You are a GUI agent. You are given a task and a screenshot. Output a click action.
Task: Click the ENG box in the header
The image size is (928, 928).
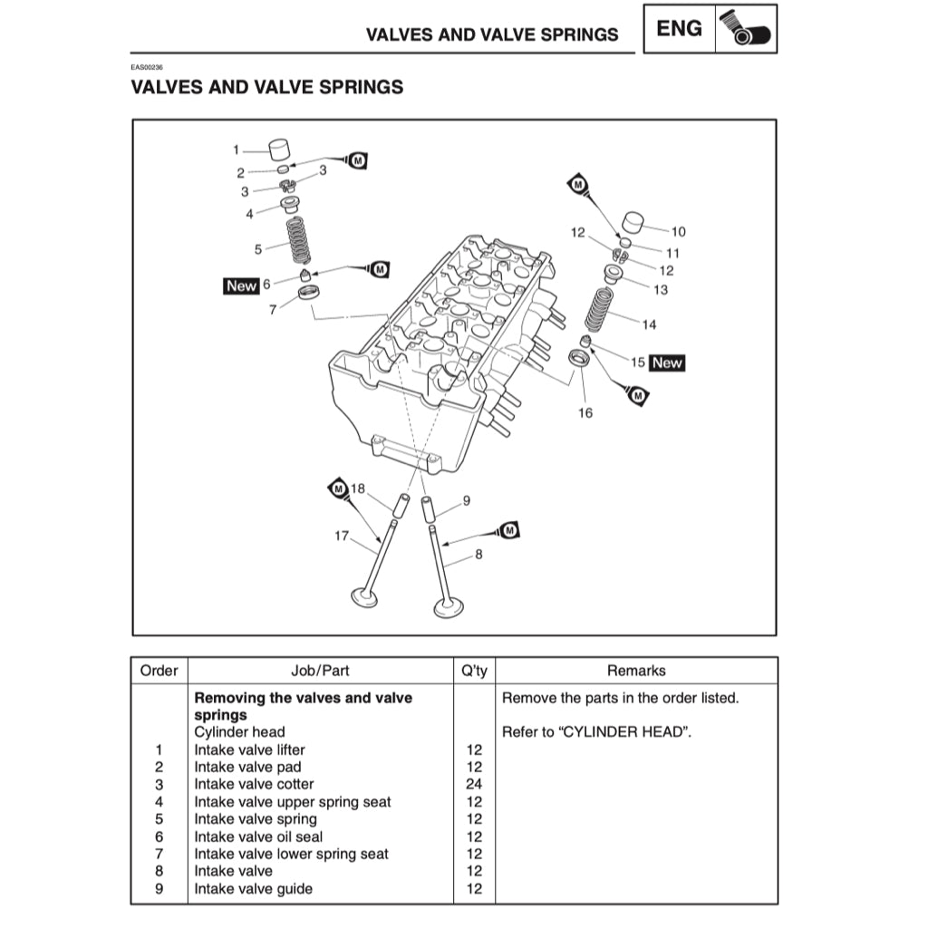[679, 29]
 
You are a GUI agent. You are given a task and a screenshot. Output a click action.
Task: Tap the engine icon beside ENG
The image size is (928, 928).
[746, 29]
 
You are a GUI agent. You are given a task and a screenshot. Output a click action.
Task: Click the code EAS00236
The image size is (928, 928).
[147, 67]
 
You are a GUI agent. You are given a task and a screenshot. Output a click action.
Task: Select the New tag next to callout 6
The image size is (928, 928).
[241, 285]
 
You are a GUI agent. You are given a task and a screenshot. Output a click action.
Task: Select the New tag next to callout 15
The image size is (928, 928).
[667, 362]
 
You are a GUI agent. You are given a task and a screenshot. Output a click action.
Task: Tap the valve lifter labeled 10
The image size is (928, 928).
[636, 223]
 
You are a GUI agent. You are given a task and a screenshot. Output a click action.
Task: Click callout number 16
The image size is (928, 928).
[585, 413]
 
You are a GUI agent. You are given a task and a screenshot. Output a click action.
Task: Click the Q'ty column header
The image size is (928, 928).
[474, 671]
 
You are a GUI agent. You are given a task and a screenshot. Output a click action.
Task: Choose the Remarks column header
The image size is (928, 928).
[636, 671]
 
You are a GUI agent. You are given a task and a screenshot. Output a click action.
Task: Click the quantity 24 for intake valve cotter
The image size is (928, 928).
[474, 784]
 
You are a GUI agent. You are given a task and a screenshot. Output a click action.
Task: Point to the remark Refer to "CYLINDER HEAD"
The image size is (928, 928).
[596, 731]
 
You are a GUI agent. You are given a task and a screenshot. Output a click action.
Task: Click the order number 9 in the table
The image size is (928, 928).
[159, 889]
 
